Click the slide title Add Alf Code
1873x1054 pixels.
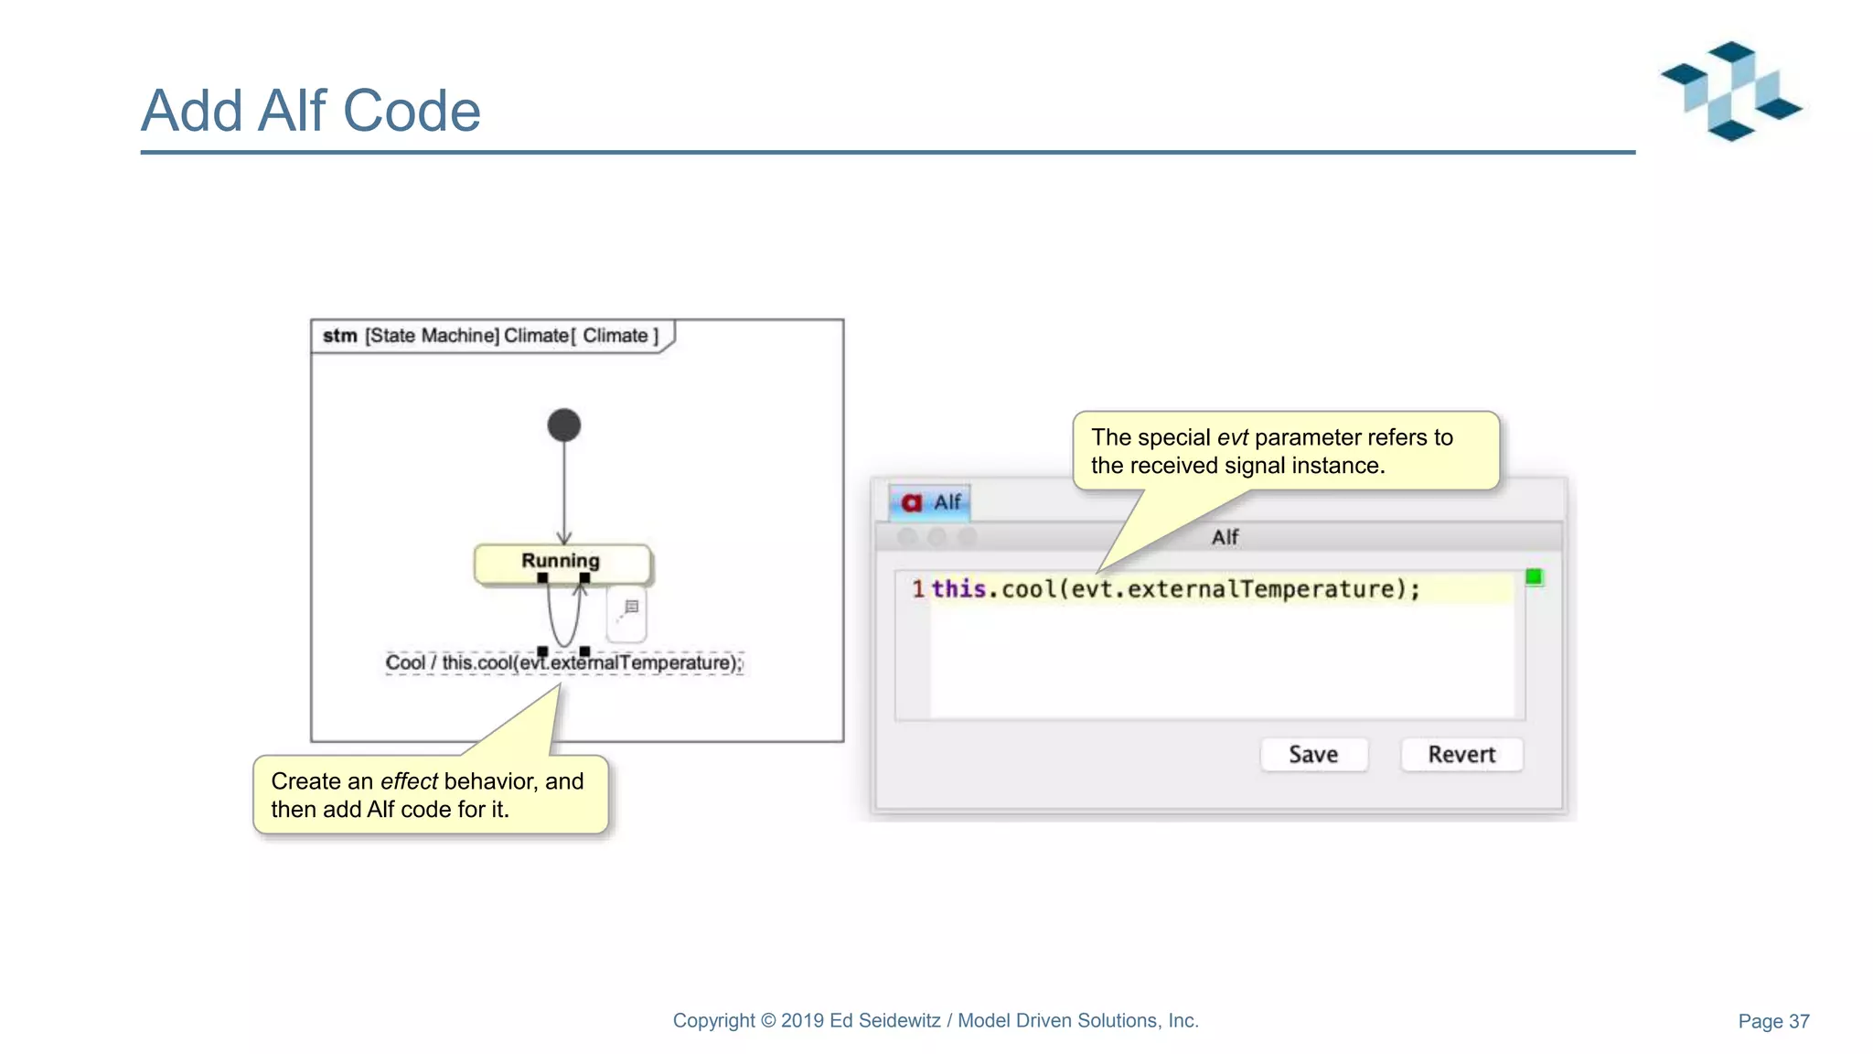[310, 111]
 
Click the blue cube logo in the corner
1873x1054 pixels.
[1730, 91]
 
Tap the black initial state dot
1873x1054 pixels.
[564, 425]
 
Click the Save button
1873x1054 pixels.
[1313, 755]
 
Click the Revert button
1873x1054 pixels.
[1461, 755]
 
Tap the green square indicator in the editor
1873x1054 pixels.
[1534, 576]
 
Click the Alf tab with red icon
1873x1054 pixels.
[930, 502]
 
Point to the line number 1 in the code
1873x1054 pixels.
[917, 589]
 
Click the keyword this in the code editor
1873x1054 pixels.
[958, 589]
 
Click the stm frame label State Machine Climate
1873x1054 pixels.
[490, 336]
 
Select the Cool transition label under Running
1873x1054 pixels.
[563, 662]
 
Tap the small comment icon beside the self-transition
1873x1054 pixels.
[630, 608]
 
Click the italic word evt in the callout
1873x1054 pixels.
[1232, 437]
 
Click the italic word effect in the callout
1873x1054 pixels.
[409, 781]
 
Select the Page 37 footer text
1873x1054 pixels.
[1773, 1021]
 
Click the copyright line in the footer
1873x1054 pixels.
[935, 1021]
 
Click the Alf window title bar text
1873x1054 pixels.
[1225, 537]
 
